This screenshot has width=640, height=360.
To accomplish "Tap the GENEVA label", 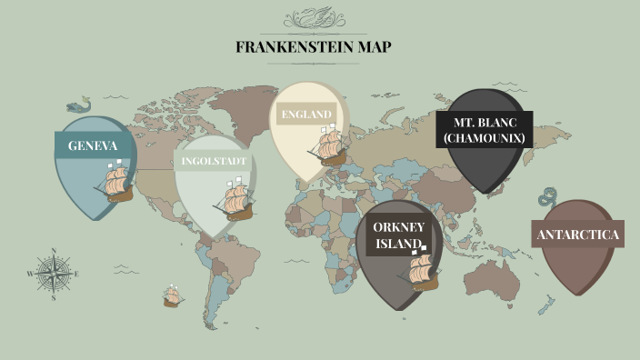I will pos(93,145).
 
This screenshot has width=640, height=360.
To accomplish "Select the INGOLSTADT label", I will pos(214,162).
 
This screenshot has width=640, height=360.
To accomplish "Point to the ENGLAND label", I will pos(305,114).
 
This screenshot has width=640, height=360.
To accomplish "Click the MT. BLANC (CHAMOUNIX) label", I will pos(483,130).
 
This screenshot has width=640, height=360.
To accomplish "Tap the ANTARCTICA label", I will pos(578,235).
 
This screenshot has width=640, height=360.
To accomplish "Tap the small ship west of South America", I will pos(172,295).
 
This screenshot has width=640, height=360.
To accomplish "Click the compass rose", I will pos(54,272).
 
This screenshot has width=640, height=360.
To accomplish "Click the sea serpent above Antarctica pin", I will pos(547,198).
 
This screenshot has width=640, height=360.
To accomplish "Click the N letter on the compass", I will pos(54,251).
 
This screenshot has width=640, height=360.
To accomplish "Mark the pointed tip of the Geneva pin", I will pos(94,221).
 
